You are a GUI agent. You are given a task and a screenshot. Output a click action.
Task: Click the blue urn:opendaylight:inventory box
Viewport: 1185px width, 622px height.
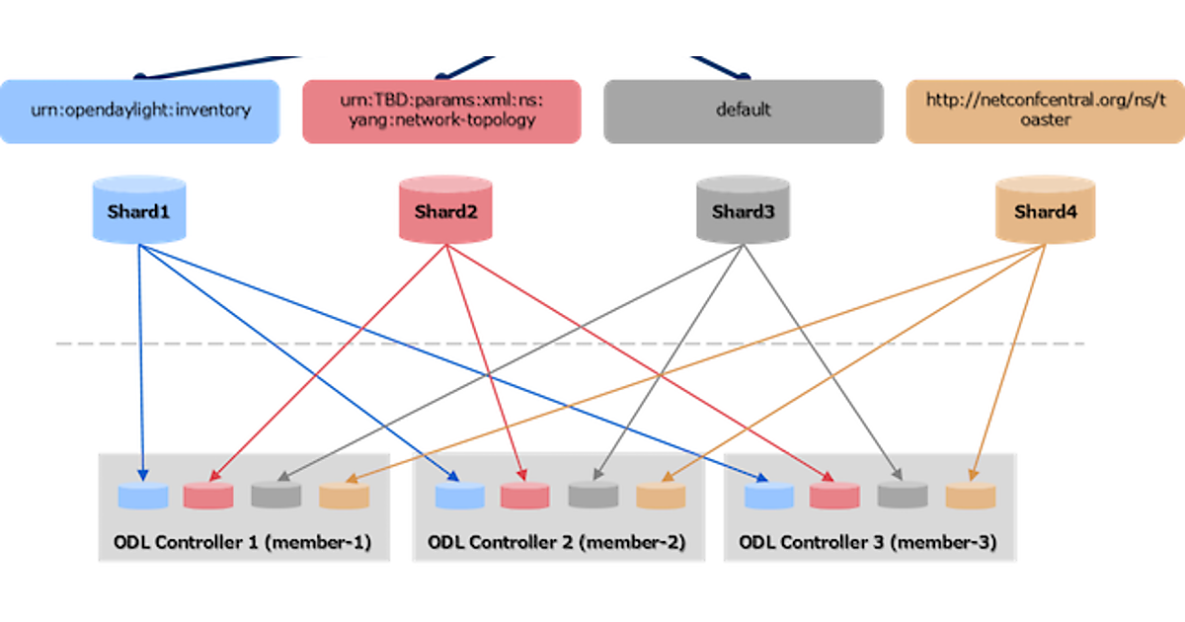click(x=139, y=111)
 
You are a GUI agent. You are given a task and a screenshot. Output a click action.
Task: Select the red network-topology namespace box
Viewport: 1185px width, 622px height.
click(x=441, y=111)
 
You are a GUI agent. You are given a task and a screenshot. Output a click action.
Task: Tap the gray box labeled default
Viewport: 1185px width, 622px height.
click(x=743, y=111)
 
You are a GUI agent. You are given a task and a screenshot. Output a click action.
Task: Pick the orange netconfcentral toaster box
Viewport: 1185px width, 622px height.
click(x=1045, y=111)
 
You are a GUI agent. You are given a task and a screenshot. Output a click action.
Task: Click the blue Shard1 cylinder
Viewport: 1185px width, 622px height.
click(x=139, y=209)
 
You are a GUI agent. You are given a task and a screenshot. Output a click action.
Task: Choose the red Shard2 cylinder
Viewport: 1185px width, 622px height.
click(x=445, y=209)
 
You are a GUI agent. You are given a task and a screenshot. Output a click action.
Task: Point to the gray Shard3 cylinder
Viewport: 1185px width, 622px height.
click(x=743, y=209)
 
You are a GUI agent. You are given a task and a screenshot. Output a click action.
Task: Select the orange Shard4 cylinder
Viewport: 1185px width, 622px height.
click(x=1045, y=209)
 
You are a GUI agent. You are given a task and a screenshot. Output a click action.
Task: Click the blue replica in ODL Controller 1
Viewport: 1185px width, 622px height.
click(x=142, y=496)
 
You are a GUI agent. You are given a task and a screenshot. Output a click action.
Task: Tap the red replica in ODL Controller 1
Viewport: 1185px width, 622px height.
click(x=208, y=496)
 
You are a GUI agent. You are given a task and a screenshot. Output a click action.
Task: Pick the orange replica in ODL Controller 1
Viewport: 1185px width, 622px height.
click(x=344, y=496)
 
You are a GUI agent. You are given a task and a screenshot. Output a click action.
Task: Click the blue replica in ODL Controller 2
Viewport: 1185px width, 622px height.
click(x=460, y=496)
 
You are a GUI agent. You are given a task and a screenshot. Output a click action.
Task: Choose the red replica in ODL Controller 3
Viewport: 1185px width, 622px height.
click(x=835, y=496)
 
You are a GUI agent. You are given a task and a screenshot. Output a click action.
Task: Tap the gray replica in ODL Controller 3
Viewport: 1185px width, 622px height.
click(x=903, y=496)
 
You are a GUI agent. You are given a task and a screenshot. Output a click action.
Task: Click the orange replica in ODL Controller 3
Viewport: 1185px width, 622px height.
click(x=971, y=496)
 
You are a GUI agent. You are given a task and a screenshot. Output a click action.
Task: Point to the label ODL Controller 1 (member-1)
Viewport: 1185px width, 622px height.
click(x=243, y=543)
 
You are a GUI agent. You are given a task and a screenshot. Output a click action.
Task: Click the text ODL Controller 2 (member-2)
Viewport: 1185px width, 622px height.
click(x=557, y=543)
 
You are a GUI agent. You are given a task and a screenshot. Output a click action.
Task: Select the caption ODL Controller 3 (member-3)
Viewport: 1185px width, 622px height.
click(x=868, y=543)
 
